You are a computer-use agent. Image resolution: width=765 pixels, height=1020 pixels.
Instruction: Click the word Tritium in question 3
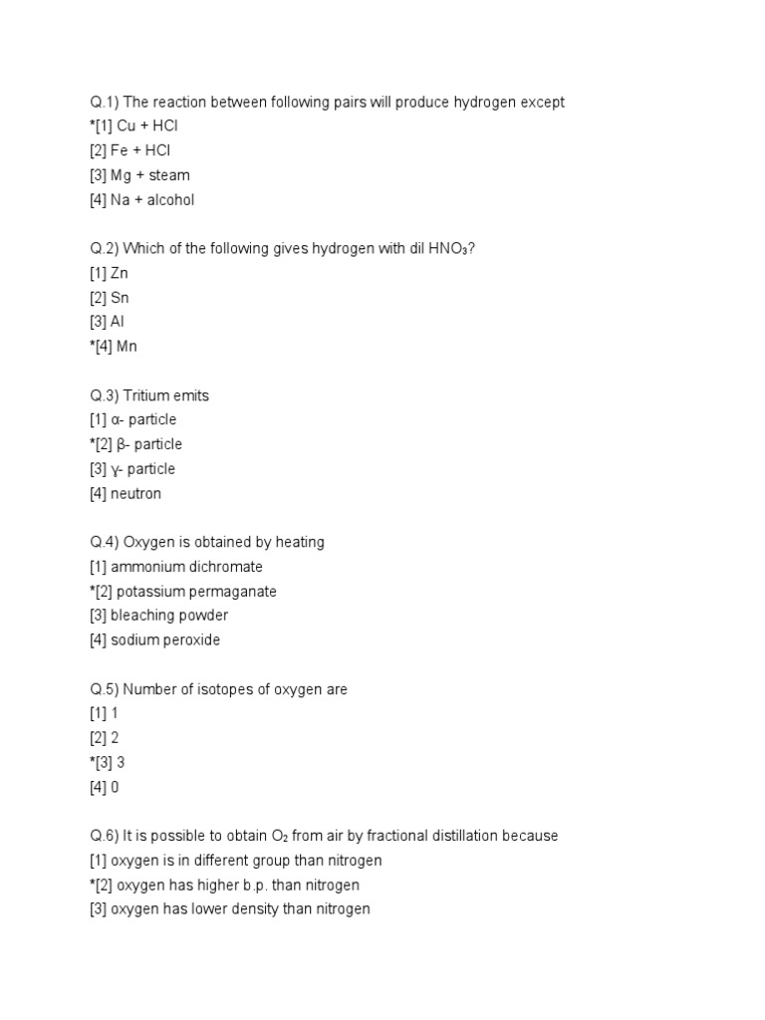[x=148, y=395]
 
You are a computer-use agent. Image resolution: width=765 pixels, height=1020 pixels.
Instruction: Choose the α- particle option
[x=145, y=420]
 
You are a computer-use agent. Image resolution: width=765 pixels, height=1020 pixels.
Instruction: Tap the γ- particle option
[x=145, y=469]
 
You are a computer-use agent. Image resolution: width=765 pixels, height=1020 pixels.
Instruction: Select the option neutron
[x=136, y=494]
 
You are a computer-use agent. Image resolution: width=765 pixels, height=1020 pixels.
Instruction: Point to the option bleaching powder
[x=169, y=616]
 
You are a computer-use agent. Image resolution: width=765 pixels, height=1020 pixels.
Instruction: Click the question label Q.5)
[x=104, y=689]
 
